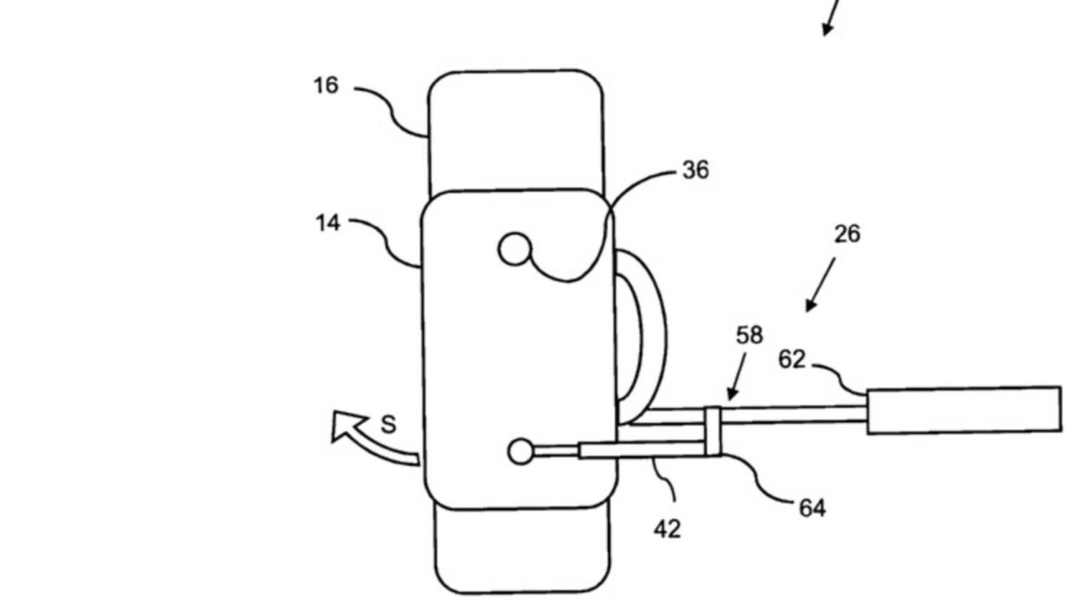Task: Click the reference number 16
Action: pos(325,86)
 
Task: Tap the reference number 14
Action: pos(328,223)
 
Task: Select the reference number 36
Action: pos(696,170)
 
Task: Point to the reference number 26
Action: pos(847,234)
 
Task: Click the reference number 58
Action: pos(749,335)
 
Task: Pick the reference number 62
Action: pos(792,360)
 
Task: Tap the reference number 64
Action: pos(812,508)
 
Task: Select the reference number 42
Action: pos(667,529)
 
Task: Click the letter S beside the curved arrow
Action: pos(388,425)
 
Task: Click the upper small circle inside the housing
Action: pos(515,250)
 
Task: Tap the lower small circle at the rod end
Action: pos(521,451)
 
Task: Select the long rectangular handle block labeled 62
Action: pos(963,409)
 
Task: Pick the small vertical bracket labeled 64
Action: pos(713,431)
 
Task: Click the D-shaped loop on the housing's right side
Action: pos(643,335)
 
